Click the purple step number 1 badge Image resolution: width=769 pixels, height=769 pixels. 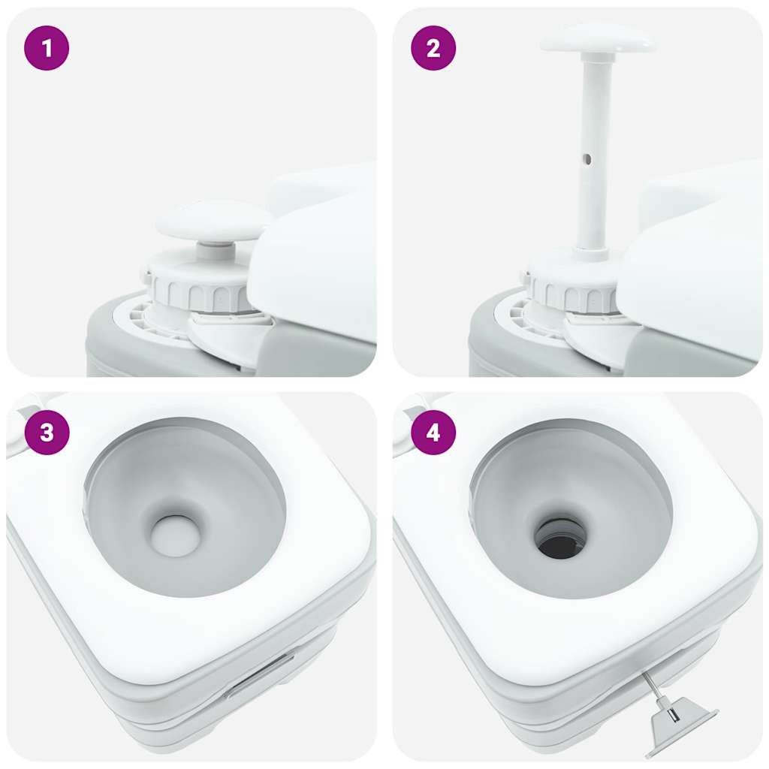(x=47, y=49)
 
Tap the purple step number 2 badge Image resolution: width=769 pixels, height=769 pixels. (x=433, y=49)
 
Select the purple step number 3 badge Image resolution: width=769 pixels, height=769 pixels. (x=47, y=433)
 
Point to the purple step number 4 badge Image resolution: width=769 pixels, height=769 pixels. (x=433, y=433)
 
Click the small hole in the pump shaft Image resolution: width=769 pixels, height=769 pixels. (x=587, y=159)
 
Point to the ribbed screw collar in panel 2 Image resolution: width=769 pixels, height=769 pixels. (x=571, y=293)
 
